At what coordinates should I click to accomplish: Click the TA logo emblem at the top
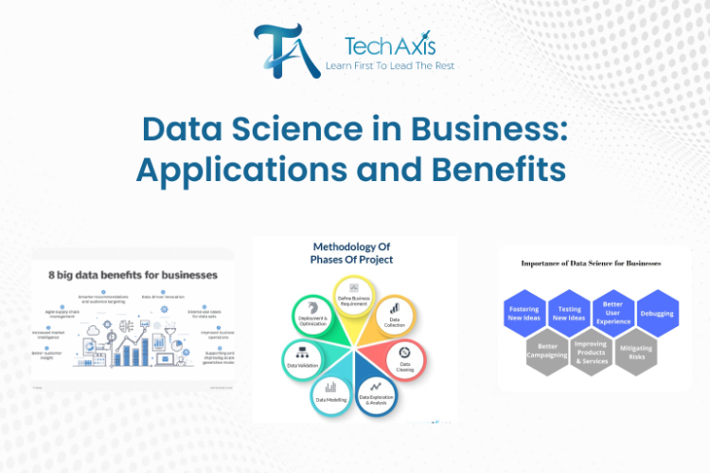[x=282, y=48]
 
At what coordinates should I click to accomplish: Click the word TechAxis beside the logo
[x=378, y=45]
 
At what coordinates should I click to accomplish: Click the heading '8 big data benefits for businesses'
[x=133, y=275]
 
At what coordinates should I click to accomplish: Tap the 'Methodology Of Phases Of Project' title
[x=353, y=253]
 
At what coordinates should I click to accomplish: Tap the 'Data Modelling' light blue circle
[x=330, y=392]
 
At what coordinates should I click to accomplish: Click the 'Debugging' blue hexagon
[x=655, y=314]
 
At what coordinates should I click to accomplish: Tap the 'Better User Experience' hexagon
[x=612, y=314]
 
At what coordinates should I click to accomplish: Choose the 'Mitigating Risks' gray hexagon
[x=634, y=351]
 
